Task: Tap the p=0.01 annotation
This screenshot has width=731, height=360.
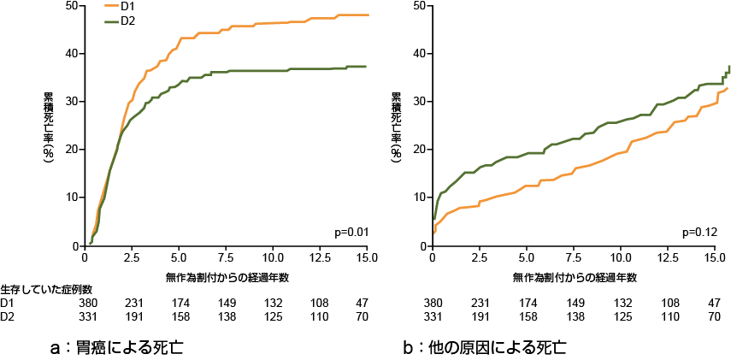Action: click(x=351, y=232)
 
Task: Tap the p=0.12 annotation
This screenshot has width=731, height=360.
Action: click(x=699, y=232)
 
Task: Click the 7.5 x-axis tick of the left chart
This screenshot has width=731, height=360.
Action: click(x=226, y=257)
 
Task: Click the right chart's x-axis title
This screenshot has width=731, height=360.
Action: click(x=575, y=277)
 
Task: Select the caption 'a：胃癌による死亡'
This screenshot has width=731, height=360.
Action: click(x=117, y=348)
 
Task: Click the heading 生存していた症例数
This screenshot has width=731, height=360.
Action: click(x=46, y=291)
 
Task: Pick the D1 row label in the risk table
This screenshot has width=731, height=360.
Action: click(x=8, y=304)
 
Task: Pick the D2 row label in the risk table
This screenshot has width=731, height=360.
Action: click(x=8, y=317)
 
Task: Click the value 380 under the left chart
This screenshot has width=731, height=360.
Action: click(x=89, y=304)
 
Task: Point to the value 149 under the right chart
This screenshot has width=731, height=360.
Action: click(x=575, y=304)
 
